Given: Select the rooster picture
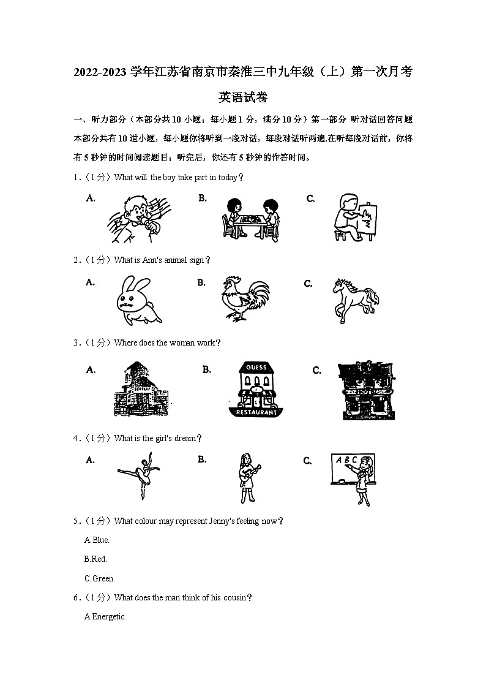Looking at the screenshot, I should coord(245,299).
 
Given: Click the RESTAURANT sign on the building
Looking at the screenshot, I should coord(256,412).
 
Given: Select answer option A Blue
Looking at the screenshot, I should coord(97,540).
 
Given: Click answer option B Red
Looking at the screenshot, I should coord(95,559).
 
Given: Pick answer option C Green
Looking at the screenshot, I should coord(99,578).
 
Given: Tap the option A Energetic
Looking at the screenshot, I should coord(105,617).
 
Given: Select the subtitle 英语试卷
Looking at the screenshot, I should coord(243,97).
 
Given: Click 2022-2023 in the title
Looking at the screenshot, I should coord(101,72).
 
